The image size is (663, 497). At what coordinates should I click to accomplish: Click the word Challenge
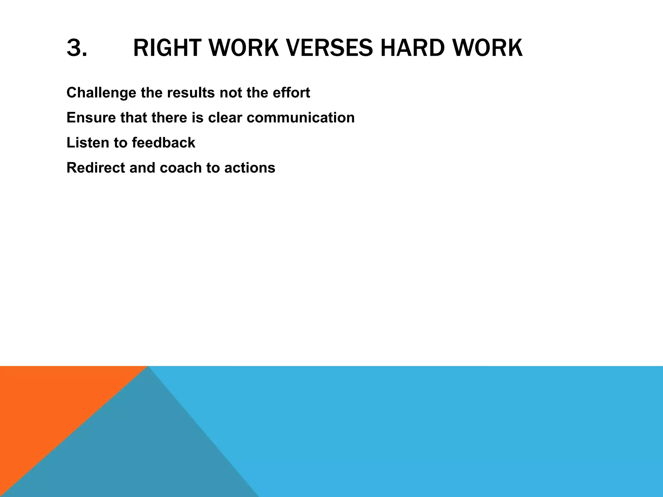pyautogui.click(x=101, y=93)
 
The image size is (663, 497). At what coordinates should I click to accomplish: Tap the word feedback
pyautogui.click(x=163, y=143)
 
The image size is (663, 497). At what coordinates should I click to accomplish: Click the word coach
pyautogui.click(x=181, y=168)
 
